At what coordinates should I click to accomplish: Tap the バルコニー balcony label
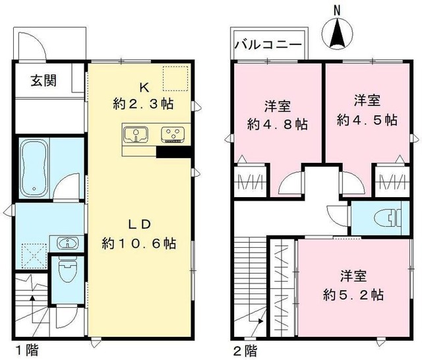click(x=268, y=46)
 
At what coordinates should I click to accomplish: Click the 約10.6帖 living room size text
click(x=138, y=243)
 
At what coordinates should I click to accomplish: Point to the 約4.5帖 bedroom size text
click(x=367, y=119)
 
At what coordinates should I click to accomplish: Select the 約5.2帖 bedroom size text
click(x=354, y=293)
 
